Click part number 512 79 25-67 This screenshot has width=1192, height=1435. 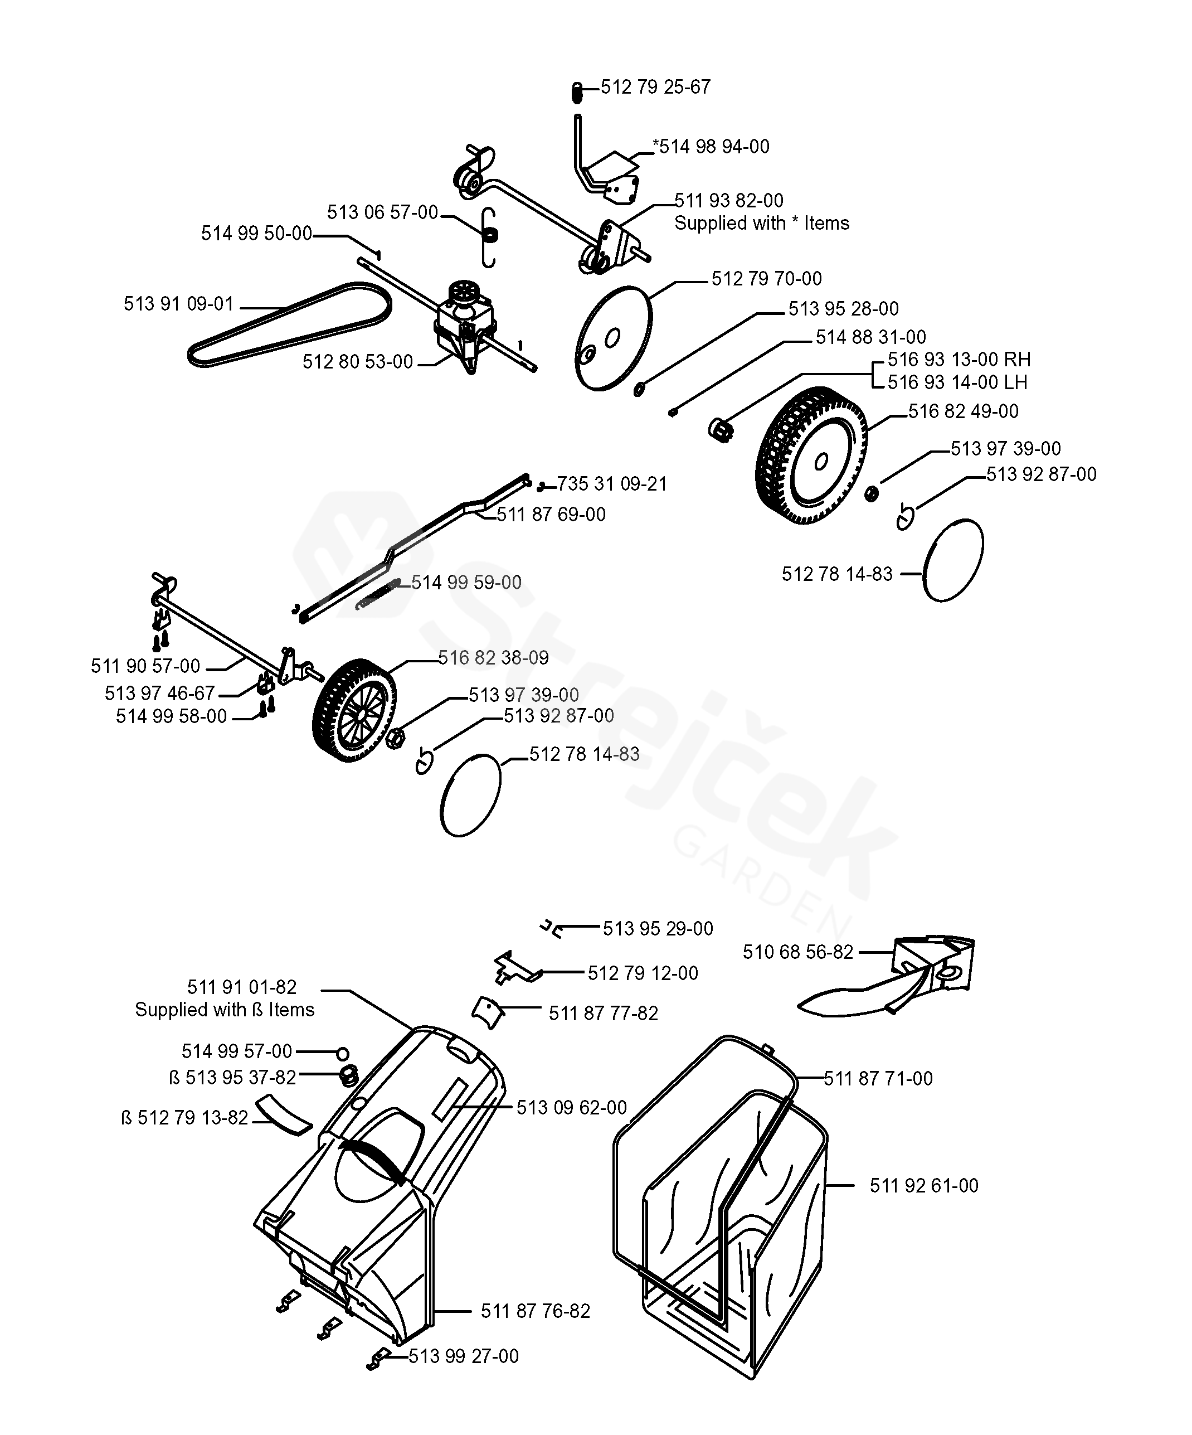[x=655, y=87]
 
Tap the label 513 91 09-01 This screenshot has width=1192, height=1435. [x=178, y=303]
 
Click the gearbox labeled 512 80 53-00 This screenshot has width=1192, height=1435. [x=465, y=321]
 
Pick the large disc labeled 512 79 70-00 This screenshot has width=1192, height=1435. [x=613, y=338]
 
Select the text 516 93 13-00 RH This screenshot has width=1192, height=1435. [x=959, y=360]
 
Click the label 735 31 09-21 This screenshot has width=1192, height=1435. [x=611, y=484]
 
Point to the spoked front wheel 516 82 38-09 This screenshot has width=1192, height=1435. [x=353, y=710]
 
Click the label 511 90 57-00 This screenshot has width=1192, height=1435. [x=145, y=666]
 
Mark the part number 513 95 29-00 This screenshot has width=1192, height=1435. [x=657, y=928]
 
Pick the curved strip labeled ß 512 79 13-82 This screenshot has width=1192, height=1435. [x=284, y=1114]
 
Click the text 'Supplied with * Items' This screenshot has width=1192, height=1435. [x=761, y=224]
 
